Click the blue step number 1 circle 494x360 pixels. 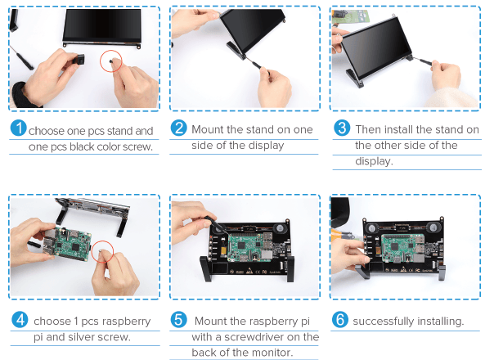[x=18, y=130]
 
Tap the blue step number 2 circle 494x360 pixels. [x=179, y=129]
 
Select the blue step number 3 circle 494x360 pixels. [x=343, y=129]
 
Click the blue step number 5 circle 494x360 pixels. [x=179, y=321]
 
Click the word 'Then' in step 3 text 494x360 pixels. [x=369, y=129]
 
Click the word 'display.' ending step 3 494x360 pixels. [x=374, y=160]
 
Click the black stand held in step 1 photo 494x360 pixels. [x=80, y=61]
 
